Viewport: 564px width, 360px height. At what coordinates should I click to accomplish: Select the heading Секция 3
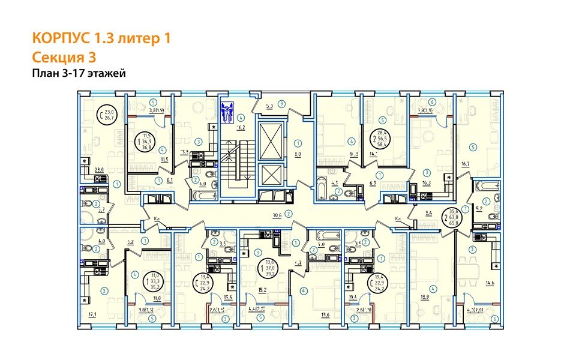63,57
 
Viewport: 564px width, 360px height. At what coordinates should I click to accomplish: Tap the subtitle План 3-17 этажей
78,73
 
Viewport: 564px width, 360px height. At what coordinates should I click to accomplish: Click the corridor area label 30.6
277,213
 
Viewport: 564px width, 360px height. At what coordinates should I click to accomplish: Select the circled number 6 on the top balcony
432,101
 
